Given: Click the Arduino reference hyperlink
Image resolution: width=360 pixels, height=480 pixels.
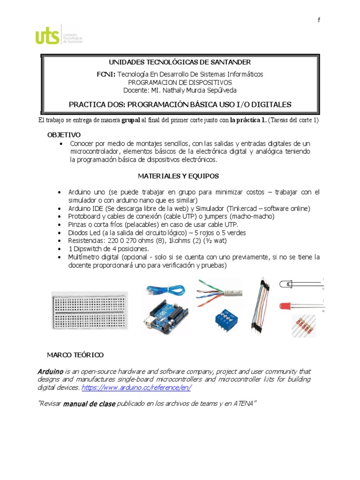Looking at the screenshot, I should [136, 388].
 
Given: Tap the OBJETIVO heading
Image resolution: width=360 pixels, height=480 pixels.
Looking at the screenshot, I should [64, 135].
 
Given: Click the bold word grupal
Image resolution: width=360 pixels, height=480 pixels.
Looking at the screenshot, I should [131, 120].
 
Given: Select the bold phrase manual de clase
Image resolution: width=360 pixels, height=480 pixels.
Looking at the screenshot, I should [89, 404].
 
